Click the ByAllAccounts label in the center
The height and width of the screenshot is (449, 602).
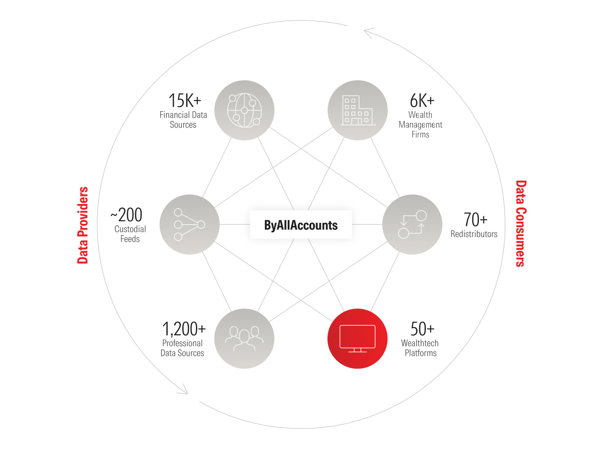tap(301, 225)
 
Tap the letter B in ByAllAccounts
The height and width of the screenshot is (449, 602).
tap(267, 225)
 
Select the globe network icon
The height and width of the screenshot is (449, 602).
tap(244, 110)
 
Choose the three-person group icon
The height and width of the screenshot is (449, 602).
tap(244, 338)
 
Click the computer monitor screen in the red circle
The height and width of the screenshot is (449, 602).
tap(357, 336)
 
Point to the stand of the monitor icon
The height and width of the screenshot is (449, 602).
tap(357, 350)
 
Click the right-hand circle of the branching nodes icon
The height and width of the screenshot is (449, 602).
tap(201, 225)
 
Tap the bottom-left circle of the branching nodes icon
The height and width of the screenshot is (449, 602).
tap(178, 237)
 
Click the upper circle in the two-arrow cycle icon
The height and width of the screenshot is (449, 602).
tap(421, 216)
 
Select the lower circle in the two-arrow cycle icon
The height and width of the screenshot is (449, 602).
tap(403, 233)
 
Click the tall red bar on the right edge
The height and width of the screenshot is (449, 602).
tap(559, 294)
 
